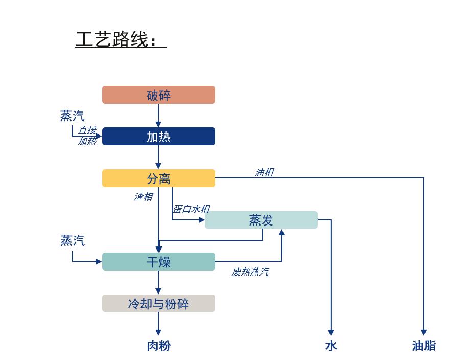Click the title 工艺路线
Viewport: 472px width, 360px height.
(x=121, y=40)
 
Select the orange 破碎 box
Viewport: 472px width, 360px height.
(x=158, y=95)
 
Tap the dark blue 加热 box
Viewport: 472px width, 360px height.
(x=158, y=137)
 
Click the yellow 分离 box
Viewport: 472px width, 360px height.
(x=158, y=178)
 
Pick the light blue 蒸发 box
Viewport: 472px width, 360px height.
(x=261, y=220)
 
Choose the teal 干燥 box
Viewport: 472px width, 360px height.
(x=158, y=262)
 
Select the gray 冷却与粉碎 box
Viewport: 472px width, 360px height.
(x=158, y=303)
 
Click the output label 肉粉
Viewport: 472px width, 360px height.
(x=158, y=346)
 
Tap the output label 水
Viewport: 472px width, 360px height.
(x=331, y=346)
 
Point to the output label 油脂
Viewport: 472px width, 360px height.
(x=423, y=346)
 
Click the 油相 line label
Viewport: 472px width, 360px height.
(x=264, y=172)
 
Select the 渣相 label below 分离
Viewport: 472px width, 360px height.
(x=143, y=197)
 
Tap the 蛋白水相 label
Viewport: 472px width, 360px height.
(x=191, y=209)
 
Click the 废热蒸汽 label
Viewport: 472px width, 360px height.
(x=250, y=272)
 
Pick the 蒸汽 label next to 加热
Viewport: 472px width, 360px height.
(x=72, y=116)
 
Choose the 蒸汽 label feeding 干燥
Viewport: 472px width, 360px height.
(x=73, y=240)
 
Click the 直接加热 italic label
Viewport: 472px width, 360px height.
(x=87, y=136)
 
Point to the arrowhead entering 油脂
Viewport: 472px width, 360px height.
(x=423, y=332)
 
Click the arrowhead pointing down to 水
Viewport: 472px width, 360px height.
(x=331, y=332)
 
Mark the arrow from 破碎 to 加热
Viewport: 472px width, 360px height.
(x=158, y=116)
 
